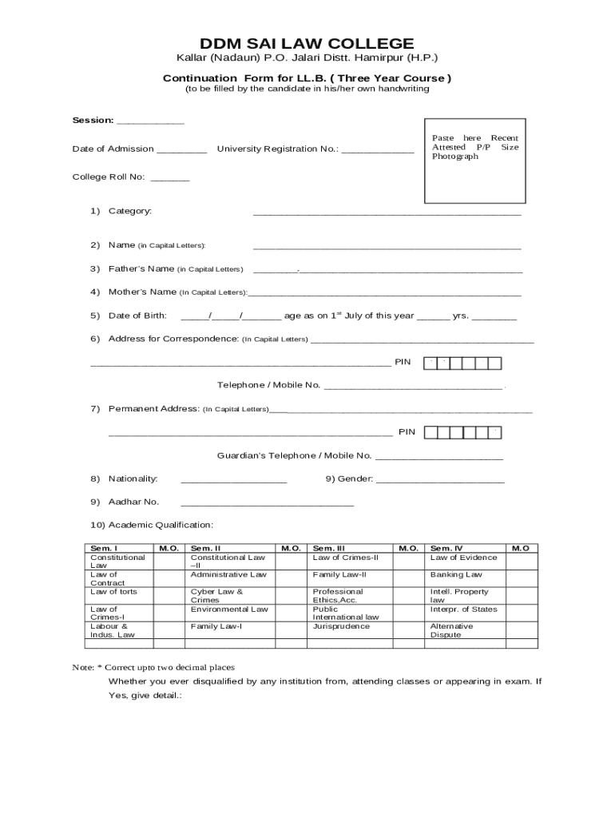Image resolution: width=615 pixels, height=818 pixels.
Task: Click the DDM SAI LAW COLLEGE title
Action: [x=307, y=43]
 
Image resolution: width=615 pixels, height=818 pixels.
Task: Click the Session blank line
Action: [x=150, y=122]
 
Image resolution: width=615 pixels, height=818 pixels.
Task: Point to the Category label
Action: [x=129, y=211]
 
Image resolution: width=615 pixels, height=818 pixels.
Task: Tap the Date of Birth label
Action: [x=137, y=316]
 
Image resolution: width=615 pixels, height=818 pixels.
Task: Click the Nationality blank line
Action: [x=233, y=481]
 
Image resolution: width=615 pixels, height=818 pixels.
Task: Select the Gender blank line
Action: [x=439, y=481]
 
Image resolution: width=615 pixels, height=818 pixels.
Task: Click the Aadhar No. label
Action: [x=133, y=502]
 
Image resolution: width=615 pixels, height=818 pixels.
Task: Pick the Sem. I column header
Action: [x=105, y=549]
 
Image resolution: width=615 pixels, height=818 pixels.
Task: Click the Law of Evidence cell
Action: [x=463, y=558]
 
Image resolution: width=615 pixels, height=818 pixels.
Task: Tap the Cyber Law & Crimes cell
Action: [x=216, y=596]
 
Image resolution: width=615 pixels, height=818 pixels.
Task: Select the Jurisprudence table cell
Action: [x=341, y=626]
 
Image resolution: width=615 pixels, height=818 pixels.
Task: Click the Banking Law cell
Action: [x=456, y=574]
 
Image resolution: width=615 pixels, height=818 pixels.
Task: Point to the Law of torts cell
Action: [x=113, y=592]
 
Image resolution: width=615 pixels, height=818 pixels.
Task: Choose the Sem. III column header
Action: [x=328, y=549]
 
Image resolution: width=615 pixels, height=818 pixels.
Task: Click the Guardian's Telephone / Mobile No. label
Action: [x=295, y=455]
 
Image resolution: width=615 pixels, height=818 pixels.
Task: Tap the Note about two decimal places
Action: [x=153, y=667]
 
